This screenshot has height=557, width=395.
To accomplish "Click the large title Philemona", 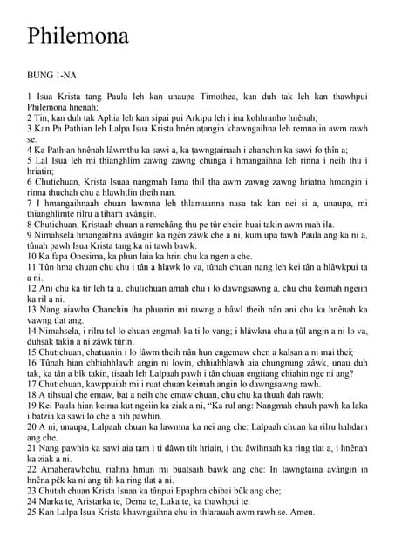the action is [x=78, y=36].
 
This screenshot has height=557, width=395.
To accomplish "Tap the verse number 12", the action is [x=33, y=288].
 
